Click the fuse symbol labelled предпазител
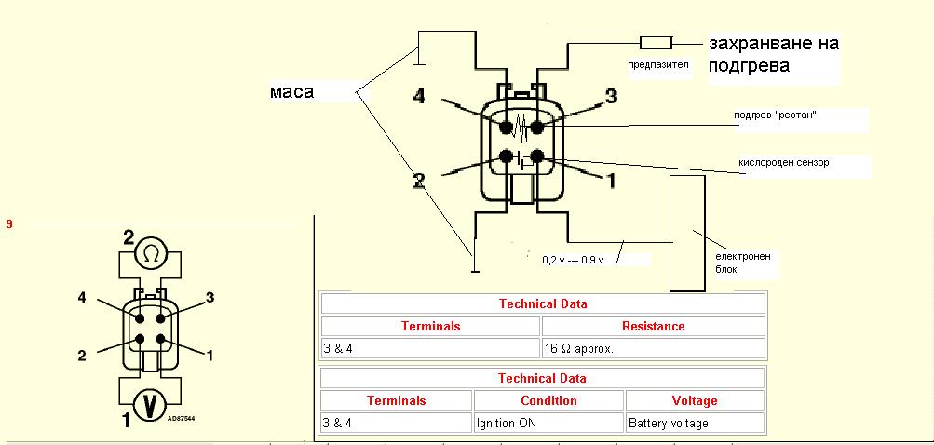click(656, 43)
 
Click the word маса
click(291, 92)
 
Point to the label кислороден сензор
click(784, 163)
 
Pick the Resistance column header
click(654, 327)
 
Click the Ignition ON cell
click(548, 424)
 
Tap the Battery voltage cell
click(695, 424)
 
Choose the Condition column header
click(548, 401)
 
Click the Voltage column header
click(695, 401)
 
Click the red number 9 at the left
click(9, 224)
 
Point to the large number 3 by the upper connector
click(611, 96)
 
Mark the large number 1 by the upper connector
click(611, 181)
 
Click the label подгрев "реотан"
click(781, 115)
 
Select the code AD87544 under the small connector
click(183, 419)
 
